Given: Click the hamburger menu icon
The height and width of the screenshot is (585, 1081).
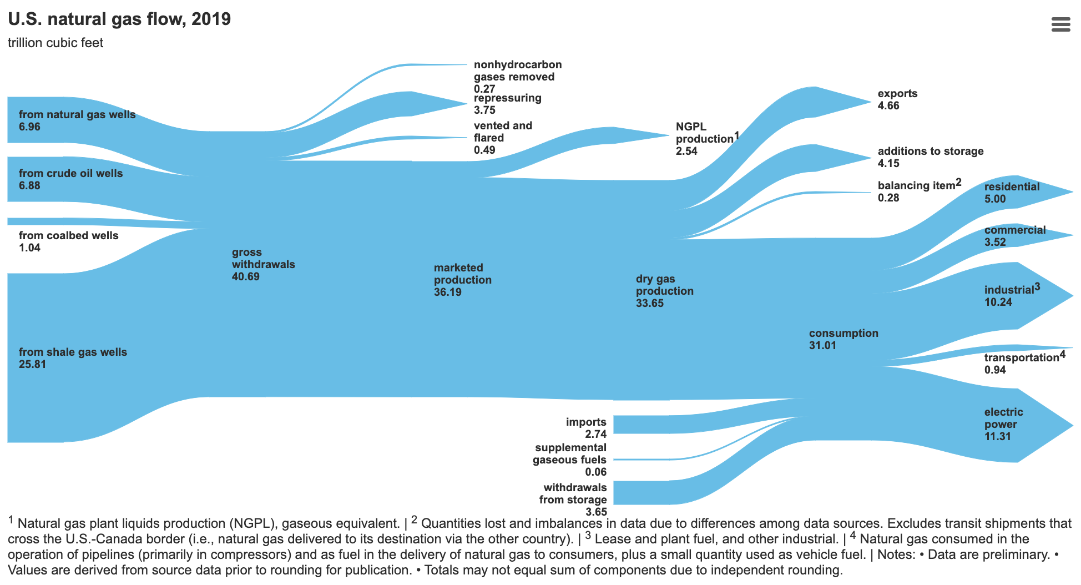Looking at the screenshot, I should pos(1060,24).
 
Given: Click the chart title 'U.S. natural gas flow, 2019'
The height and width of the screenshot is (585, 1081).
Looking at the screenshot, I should pos(119,19).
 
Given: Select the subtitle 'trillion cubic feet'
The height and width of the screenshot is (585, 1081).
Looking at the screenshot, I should pos(55,43).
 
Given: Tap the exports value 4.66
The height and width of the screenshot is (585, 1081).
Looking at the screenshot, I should pos(888,106).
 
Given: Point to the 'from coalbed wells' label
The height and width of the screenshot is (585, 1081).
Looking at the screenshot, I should pos(68,235).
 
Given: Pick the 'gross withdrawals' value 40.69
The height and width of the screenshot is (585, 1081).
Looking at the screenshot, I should pos(245,276).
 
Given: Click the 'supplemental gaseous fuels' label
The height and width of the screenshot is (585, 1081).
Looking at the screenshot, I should pos(570,453).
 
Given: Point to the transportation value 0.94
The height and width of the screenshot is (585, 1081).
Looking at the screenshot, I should pos(995,370).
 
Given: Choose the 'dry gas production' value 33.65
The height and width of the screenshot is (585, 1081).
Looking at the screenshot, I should pos(649,303).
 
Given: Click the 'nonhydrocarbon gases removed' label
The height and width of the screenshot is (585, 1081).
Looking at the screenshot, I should pos(517,71).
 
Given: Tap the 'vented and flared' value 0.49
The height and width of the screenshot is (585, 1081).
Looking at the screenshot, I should pos(484,150).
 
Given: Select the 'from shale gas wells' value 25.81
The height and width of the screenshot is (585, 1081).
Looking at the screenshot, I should pos(32,364).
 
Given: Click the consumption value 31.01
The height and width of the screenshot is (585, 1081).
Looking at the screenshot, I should pos(822,345).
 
